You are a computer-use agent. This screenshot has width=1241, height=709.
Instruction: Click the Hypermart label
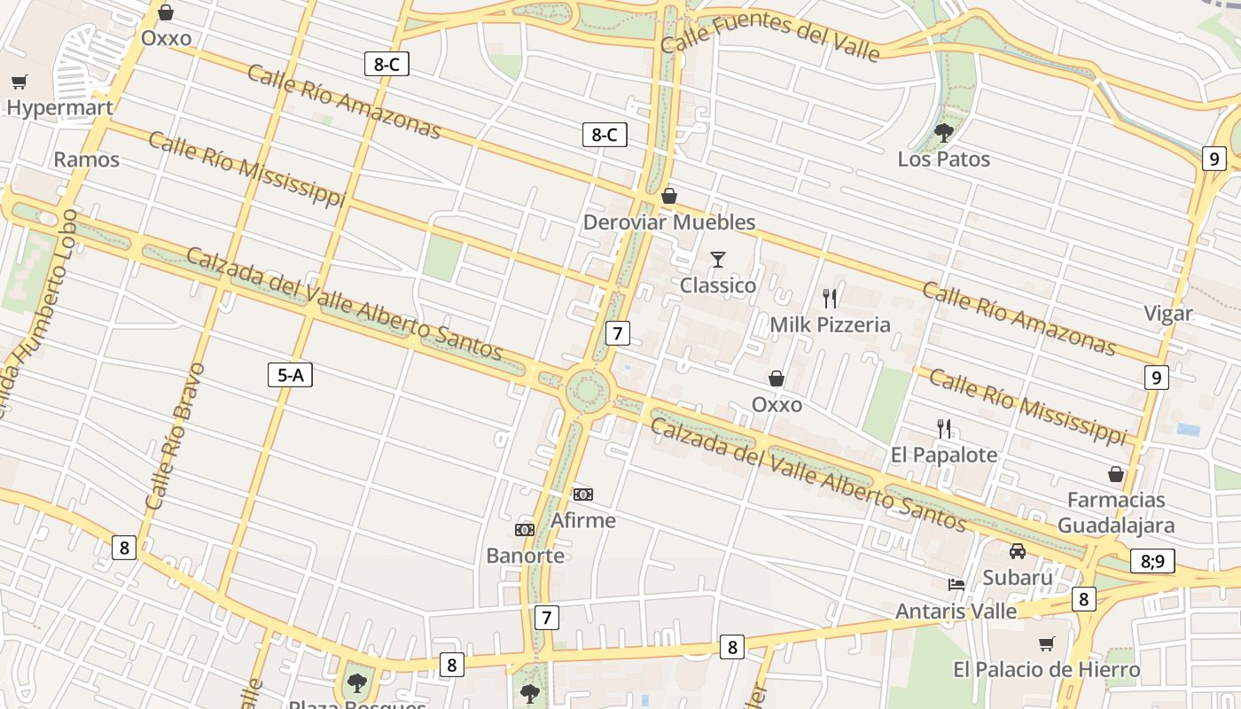point(59,108)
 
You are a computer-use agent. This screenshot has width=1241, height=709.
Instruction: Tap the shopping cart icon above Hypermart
point(20,82)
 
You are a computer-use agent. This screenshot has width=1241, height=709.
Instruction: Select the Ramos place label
point(86,160)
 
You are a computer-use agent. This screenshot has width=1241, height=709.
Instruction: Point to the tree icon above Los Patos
point(944,133)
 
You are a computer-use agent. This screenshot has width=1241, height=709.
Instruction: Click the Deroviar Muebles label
point(669,222)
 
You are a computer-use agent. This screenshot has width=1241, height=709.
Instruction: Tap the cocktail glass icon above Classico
point(718,260)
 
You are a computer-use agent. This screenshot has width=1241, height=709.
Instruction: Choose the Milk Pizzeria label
point(830,324)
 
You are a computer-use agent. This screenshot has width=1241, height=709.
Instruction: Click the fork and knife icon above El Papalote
point(944,429)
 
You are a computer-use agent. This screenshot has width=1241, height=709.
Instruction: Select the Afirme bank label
point(583,520)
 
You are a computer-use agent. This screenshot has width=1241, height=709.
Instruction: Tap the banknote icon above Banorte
point(525,530)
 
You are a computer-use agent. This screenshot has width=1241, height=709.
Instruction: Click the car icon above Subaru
point(1018,551)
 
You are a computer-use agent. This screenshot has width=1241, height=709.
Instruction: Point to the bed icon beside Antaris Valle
point(956,585)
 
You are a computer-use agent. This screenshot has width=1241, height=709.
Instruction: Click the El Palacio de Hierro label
point(1046,669)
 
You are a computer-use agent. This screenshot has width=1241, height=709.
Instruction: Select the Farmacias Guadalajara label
point(1116,512)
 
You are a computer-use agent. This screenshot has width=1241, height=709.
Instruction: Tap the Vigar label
point(1168,314)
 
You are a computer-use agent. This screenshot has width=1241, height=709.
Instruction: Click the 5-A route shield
point(291,375)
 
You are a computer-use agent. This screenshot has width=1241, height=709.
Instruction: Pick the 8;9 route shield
point(1152,561)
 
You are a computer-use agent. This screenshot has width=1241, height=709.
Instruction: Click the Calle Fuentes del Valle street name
point(770,37)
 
